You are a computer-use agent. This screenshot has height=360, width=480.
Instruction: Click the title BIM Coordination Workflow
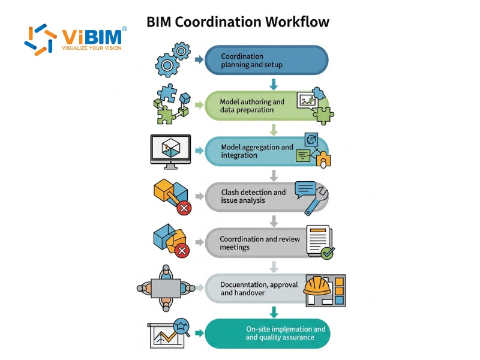click(238, 22)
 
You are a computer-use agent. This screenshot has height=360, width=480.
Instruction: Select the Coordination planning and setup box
click(266, 61)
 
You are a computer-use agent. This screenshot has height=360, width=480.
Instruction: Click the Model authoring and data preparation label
click(252, 106)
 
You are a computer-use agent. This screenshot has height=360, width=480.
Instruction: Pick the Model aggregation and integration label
click(257, 151)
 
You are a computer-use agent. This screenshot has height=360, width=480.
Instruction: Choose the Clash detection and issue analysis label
click(253, 196)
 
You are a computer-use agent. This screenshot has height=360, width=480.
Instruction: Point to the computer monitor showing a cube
click(170, 151)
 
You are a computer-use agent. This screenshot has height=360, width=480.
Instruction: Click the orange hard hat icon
click(317, 286)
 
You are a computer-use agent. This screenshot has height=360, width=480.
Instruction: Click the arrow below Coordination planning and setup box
click(274, 83)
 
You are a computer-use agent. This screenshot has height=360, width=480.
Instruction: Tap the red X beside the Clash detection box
click(184, 208)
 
